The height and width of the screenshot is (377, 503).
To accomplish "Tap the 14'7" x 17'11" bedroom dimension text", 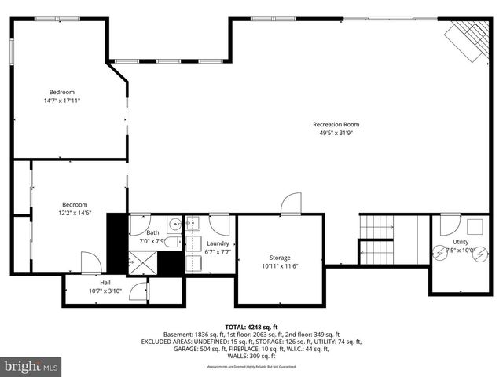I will click(62, 101).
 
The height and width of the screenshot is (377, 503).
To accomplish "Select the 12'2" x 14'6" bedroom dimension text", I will click(75, 213).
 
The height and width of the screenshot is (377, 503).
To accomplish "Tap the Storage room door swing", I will click(291, 203).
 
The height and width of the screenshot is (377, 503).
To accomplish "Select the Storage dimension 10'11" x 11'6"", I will click(280, 265).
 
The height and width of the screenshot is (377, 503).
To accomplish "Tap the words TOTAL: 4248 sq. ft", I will click(251, 327).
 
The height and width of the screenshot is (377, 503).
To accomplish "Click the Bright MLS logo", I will click(31, 365).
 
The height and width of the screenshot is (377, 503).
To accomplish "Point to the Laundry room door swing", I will click(219, 225).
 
